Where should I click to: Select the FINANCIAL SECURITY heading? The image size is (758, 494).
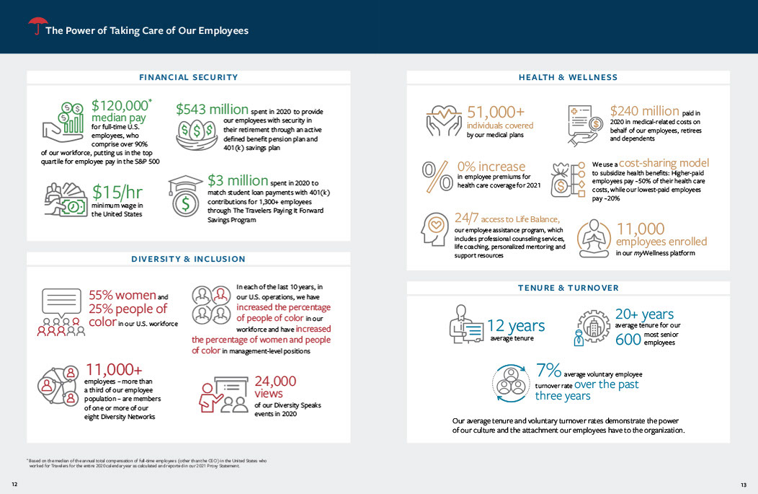click(189, 77)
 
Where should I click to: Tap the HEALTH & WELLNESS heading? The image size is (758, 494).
click(568, 77)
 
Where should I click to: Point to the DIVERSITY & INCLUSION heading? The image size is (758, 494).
click(188, 259)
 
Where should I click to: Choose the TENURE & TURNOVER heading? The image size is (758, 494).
click(568, 288)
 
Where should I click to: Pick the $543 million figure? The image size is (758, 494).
click(212, 110)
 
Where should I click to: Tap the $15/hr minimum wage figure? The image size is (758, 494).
click(117, 193)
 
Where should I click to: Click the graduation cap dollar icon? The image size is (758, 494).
click(185, 196)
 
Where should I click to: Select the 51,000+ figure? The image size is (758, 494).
click(496, 112)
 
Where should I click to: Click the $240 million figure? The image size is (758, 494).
click(644, 111)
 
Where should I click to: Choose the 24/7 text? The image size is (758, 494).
click(465, 219)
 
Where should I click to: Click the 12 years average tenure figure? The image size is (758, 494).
click(516, 327)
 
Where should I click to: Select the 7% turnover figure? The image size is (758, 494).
click(548, 371)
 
